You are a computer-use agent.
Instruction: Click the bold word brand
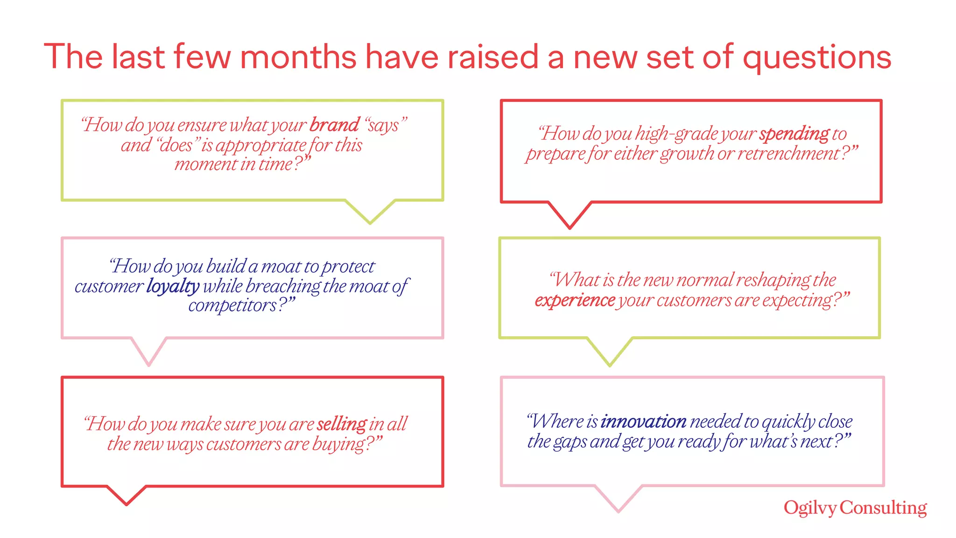[x=334, y=125]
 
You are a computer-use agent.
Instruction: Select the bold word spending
[x=794, y=134]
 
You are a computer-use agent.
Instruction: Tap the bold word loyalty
[x=173, y=286]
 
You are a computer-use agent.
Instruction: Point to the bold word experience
[x=575, y=300]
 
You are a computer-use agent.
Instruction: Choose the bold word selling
[x=342, y=424]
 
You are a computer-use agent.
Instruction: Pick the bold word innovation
[x=643, y=421]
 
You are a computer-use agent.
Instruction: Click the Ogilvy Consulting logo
[x=855, y=508]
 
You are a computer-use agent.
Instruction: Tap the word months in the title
[x=298, y=57]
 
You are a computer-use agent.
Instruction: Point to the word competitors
[x=232, y=306]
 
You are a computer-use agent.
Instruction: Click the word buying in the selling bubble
[x=338, y=444]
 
